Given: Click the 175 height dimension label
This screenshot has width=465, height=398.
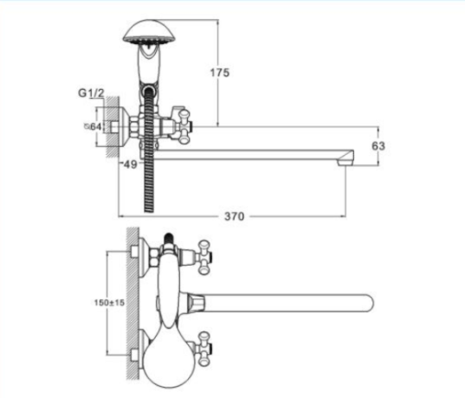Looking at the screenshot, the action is pos(220,73).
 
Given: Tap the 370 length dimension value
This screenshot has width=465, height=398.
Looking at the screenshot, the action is pos(235,216).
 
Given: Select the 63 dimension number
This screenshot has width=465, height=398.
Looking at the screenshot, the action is pos(378,146).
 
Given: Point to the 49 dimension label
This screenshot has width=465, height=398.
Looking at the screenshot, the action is pos(131,164).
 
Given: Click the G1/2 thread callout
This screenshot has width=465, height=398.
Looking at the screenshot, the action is pos(91,93).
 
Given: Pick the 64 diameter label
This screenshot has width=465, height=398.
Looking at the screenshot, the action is pos(94,127).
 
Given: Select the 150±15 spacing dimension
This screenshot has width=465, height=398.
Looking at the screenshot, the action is pos(109,303).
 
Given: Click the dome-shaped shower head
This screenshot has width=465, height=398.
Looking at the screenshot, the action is pos(150,33).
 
